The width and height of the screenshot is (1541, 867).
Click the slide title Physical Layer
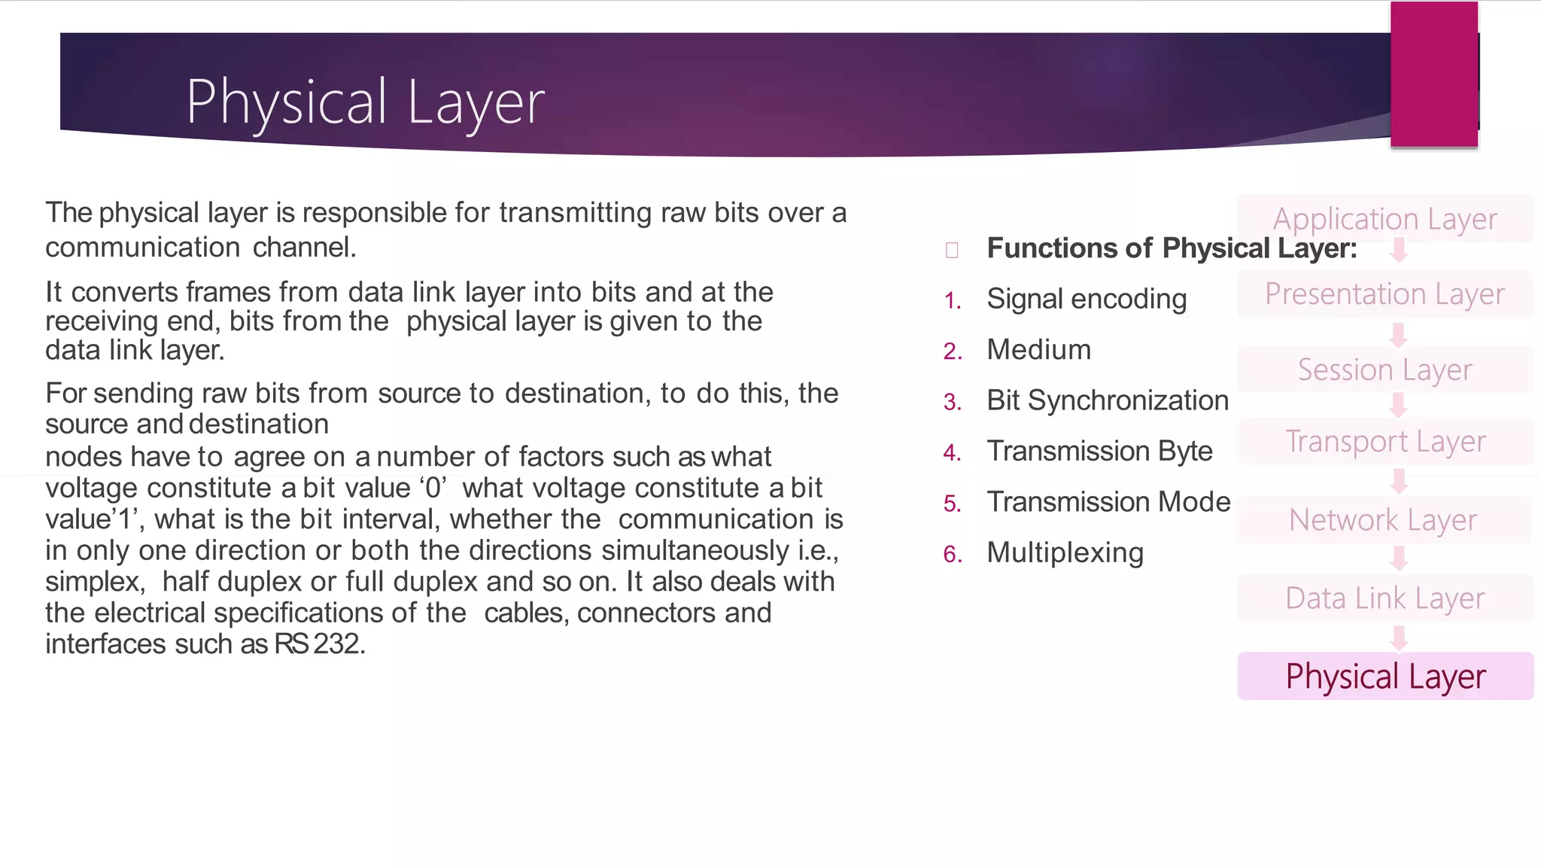(x=365, y=102)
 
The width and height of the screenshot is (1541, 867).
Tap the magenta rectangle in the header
(x=1433, y=74)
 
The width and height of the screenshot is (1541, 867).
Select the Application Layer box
(x=1384, y=219)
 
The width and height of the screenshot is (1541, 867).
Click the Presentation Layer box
(x=1384, y=294)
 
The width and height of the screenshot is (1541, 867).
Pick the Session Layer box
(x=1384, y=370)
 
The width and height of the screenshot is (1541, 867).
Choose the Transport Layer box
(x=1384, y=441)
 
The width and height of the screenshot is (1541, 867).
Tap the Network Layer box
(x=1383, y=520)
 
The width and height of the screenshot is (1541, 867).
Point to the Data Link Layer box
(x=1384, y=598)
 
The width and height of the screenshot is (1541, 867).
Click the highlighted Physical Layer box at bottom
(x=1384, y=676)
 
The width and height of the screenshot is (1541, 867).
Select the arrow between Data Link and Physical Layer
(x=1399, y=638)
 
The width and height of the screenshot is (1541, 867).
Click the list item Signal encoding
(x=1087, y=300)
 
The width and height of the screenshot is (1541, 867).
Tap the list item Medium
(x=1038, y=350)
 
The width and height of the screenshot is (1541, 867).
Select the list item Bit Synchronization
(x=1108, y=400)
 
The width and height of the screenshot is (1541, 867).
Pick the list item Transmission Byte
(x=1099, y=451)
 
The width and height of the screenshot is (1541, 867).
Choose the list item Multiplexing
(x=1065, y=552)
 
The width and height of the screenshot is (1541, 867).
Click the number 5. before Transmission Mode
(x=953, y=503)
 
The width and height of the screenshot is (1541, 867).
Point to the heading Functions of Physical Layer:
(x=1172, y=248)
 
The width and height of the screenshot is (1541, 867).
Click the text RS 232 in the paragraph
(x=318, y=644)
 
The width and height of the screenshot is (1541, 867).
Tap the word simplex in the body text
(x=94, y=582)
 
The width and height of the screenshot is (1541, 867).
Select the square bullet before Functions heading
(x=952, y=250)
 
